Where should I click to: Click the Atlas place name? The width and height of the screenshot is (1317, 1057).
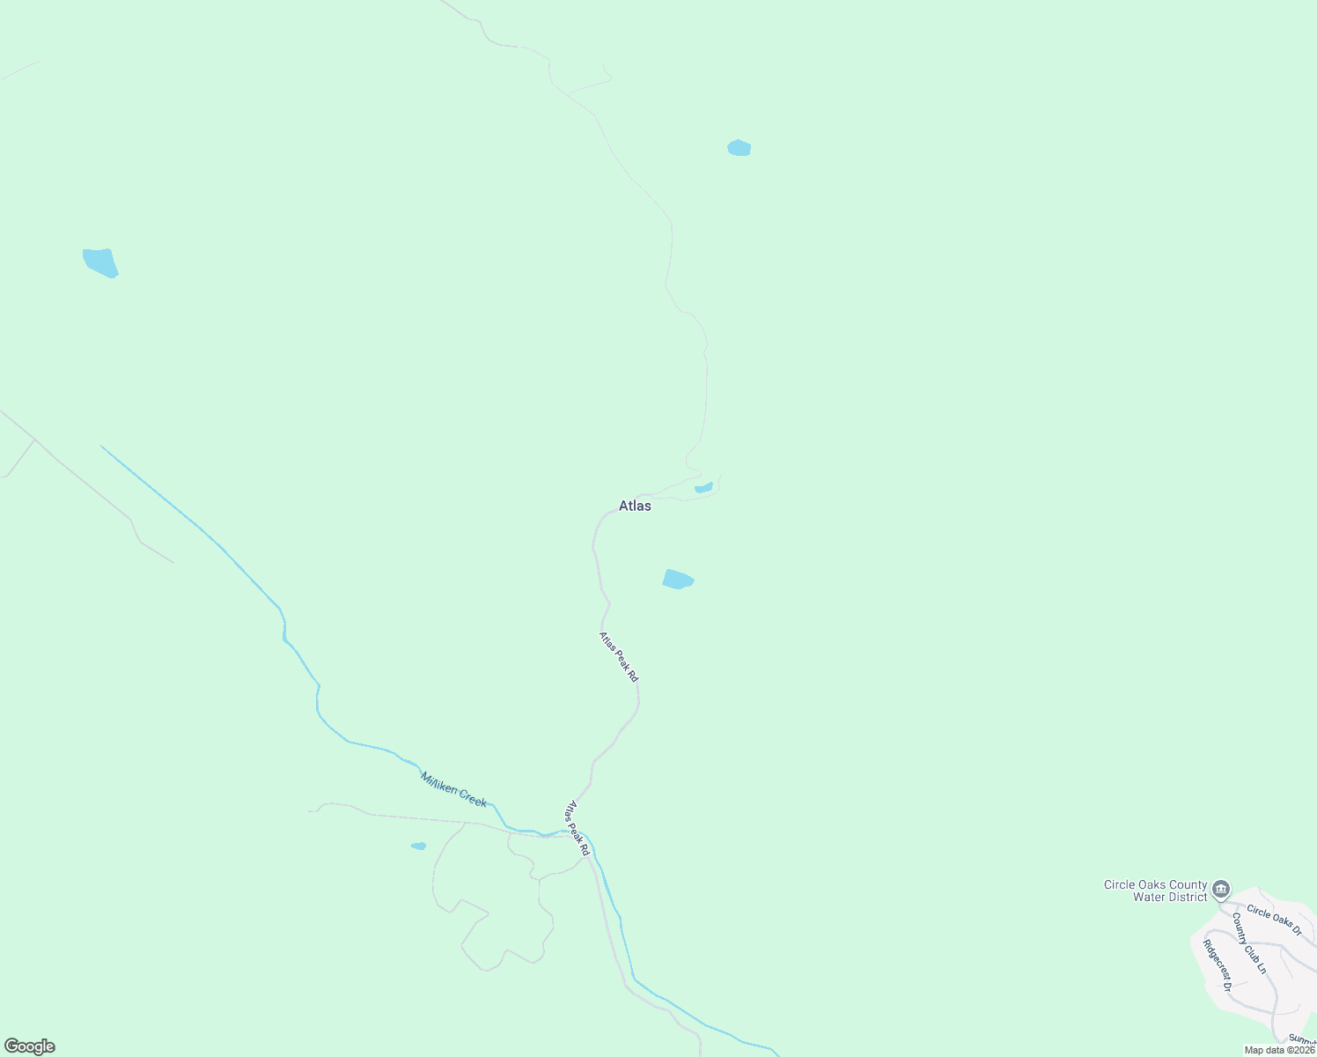point(635,506)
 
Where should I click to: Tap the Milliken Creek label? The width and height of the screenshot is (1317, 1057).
point(453,789)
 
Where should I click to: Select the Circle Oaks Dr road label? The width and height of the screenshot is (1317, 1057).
point(1274,919)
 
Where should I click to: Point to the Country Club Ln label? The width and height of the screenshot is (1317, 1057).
point(1248,942)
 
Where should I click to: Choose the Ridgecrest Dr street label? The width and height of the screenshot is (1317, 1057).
point(1217,965)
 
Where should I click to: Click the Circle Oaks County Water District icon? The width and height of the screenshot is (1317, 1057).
point(1221,889)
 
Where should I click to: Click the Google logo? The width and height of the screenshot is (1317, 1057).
point(29,1046)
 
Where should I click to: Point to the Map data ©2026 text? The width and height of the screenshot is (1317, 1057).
point(1279,1050)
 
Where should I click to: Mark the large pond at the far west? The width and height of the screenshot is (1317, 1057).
point(100,262)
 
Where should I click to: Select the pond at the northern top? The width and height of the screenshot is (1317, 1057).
point(739,148)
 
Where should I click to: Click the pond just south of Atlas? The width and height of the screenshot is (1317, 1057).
point(678,579)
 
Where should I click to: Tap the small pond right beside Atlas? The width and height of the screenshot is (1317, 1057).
point(703,487)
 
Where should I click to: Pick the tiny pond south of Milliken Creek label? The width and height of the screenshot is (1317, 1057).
point(419,846)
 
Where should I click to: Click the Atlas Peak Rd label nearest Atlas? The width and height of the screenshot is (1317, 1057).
point(618,657)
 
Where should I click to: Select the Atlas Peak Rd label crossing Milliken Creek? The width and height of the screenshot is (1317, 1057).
point(577,828)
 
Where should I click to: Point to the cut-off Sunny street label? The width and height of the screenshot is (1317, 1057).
point(1302,1039)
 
